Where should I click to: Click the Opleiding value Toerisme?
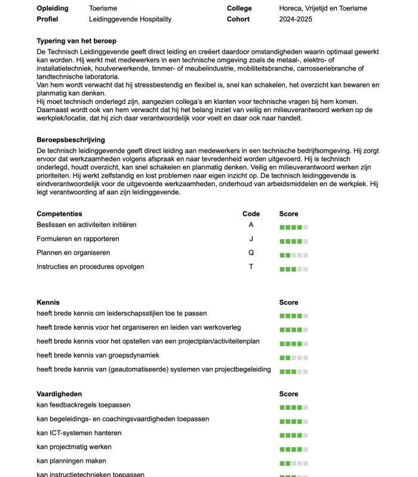(x=103, y=8)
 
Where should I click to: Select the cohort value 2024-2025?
(x=296, y=19)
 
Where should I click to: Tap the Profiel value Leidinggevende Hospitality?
(x=130, y=19)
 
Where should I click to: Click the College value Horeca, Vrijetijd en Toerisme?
(x=323, y=8)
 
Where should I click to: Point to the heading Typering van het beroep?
(x=76, y=41)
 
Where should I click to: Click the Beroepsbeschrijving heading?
(x=70, y=140)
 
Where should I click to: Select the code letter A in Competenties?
(x=251, y=225)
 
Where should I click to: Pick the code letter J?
(x=251, y=238)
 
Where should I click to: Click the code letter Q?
(x=251, y=253)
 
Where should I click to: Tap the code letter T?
(x=251, y=267)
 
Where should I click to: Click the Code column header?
(x=251, y=213)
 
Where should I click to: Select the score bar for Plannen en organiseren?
(x=294, y=255)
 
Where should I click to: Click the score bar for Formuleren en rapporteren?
(x=294, y=241)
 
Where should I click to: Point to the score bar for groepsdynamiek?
(x=294, y=358)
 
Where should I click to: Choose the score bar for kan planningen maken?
(x=294, y=463)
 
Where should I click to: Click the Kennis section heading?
(x=48, y=302)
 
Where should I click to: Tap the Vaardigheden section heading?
(x=59, y=394)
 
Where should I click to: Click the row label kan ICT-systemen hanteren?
(x=79, y=433)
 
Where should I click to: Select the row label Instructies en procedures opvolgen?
(x=90, y=267)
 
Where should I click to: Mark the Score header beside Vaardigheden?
(x=288, y=394)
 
